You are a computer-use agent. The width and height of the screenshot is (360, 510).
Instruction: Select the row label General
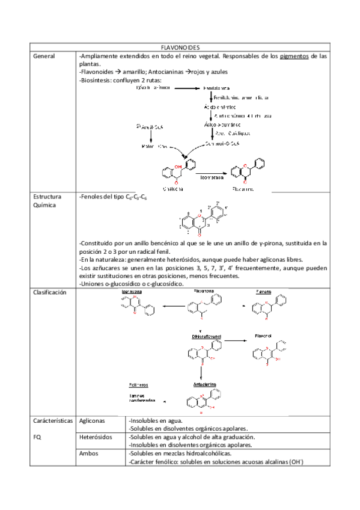click(43, 56)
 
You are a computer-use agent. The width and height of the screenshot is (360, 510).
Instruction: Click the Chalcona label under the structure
click(172, 188)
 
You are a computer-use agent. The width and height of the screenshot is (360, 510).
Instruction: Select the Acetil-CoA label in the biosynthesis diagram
click(150, 127)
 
